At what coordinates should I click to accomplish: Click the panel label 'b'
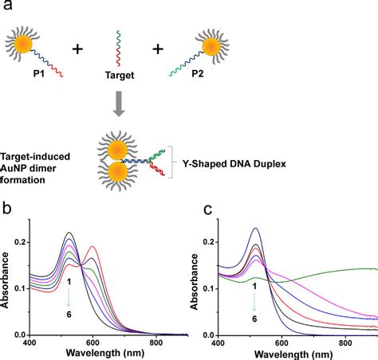[x=10, y=213]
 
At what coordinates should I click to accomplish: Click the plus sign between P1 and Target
[x=78, y=49]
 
